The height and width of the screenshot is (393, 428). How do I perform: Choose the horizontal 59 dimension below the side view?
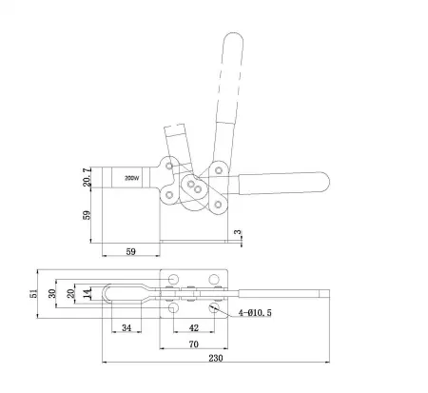[130, 251]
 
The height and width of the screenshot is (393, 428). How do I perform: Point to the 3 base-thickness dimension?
[238, 230]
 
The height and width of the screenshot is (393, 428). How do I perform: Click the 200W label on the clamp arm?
[128, 177]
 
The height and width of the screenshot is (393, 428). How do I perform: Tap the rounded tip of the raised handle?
[230, 41]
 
